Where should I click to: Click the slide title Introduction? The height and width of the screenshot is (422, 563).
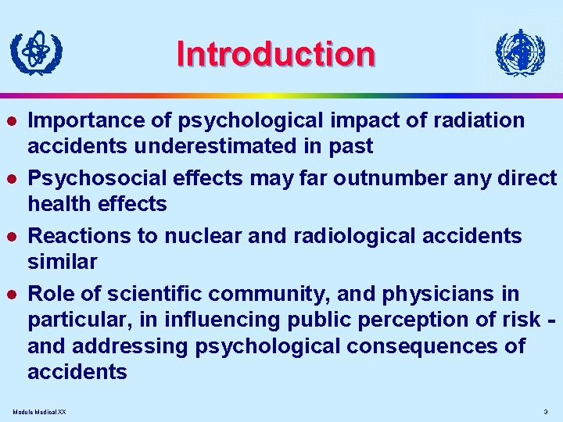(x=276, y=54)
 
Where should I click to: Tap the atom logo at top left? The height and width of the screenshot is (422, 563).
(x=36, y=52)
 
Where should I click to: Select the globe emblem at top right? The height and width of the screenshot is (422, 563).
(x=520, y=53)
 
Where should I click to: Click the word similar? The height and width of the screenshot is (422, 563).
(x=62, y=262)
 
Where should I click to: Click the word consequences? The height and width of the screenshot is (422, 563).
(x=415, y=345)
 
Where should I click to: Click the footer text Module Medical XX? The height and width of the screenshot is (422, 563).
(x=40, y=411)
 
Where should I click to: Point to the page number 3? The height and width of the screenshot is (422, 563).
(x=545, y=411)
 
